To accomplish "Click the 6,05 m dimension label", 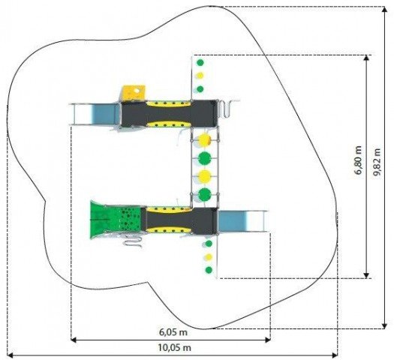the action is [173, 332].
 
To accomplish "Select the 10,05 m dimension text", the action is [174, 348].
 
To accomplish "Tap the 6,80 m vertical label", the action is [358, 160].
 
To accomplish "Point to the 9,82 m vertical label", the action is [377, 163].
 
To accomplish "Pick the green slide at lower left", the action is [116, 220].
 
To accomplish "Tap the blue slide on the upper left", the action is [95, 114].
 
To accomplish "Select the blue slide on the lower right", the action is [242, 221].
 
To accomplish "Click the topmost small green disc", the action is [200, 62].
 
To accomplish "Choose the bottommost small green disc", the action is [209, 270].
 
